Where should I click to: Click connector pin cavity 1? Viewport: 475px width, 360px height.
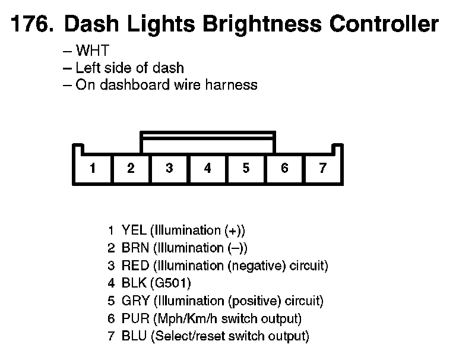[x=93, y=168]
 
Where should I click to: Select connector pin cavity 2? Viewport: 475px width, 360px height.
[x=131, y=168]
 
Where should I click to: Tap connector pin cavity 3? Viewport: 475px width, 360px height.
[x=169, y=168]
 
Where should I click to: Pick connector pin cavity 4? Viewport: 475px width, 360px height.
[x=207, y=168]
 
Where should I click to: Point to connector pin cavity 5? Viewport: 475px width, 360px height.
[x=246, y=168]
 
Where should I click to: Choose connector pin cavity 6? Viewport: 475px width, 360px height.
[x=284, y=168]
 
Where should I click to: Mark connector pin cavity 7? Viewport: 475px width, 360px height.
[x=322, y=168]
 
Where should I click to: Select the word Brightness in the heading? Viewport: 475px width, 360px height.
[x=262, y=24]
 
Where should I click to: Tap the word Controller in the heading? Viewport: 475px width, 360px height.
[x=384, y=24]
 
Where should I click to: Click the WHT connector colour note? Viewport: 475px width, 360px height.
[x=93, y=51]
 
